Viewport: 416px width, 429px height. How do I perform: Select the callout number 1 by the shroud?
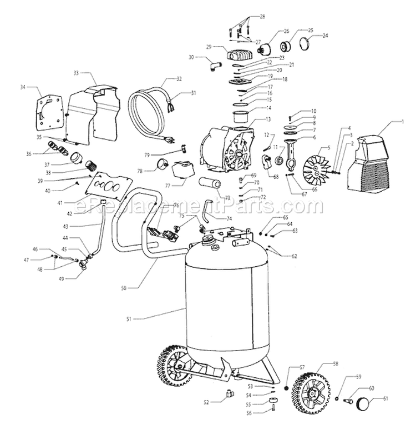(404, 122)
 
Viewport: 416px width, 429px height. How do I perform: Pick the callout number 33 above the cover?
(77, 72)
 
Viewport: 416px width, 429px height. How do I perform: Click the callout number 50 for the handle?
(124, 288)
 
